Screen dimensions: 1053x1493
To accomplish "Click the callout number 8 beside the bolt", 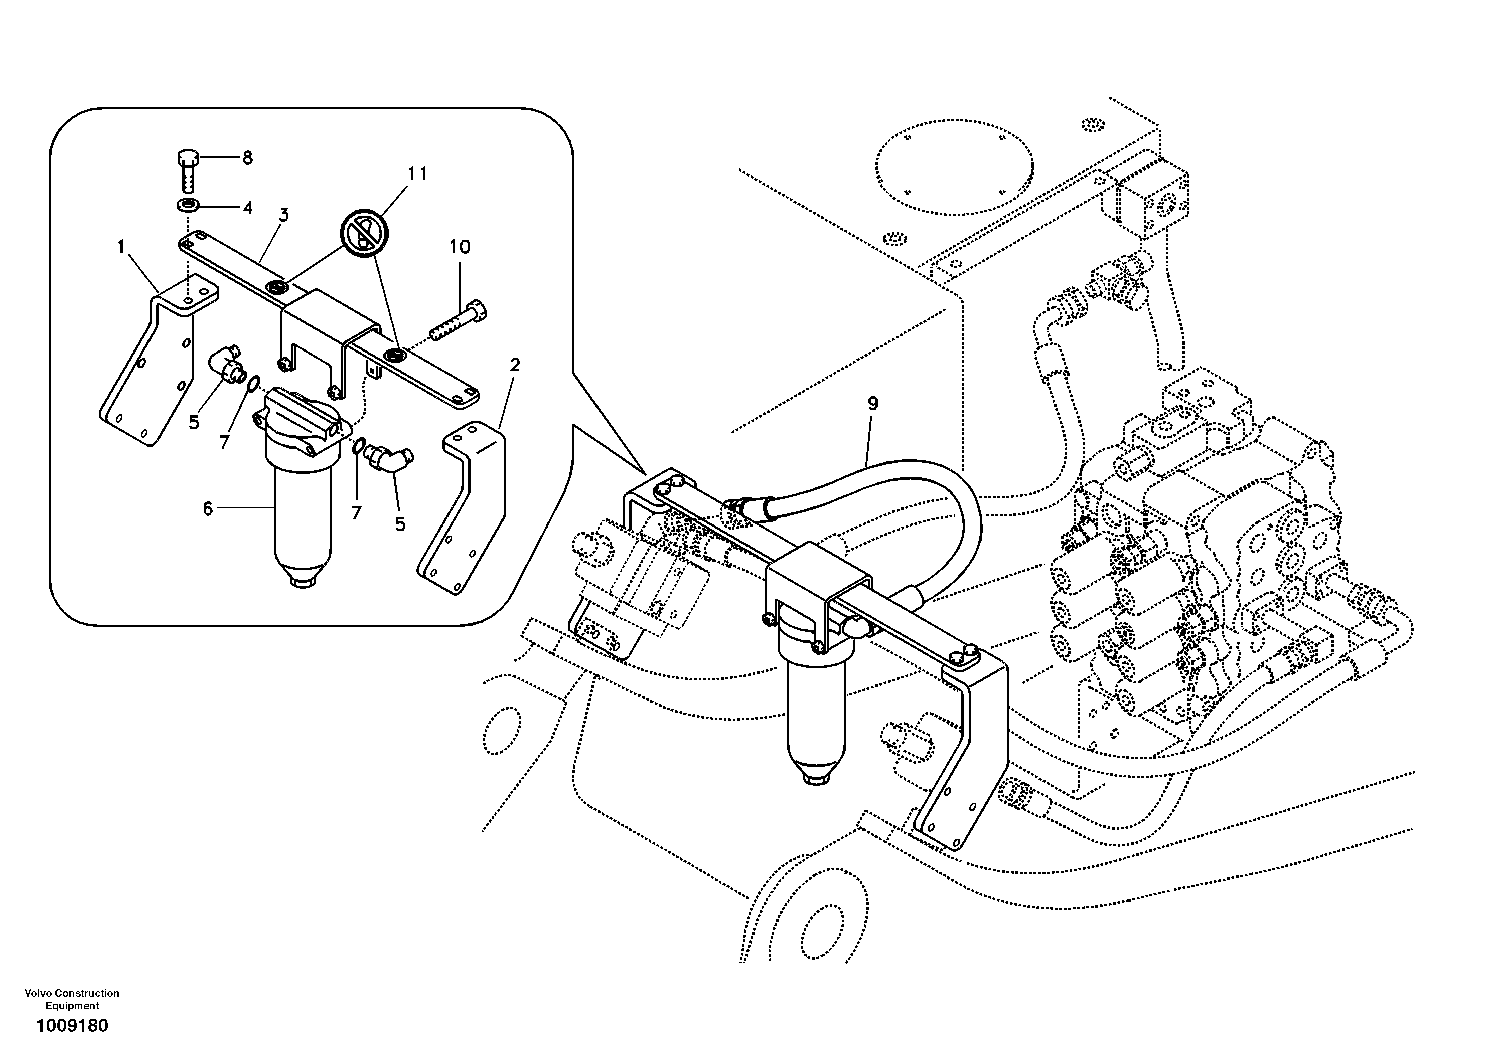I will pos(247,158).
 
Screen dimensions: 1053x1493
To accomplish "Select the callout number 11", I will pos(417,173).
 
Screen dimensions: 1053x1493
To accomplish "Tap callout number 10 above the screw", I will pos(459,247).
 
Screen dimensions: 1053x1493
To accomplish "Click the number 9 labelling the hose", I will pos(872,404).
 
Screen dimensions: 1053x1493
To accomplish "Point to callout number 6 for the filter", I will pos(207,509).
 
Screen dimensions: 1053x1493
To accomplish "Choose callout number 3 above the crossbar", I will pos(283,215).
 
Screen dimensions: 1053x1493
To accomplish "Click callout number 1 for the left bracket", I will pos(121,247).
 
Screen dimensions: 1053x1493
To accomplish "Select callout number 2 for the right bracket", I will pos(514,366).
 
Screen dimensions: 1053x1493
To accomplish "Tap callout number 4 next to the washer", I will pos(247,208).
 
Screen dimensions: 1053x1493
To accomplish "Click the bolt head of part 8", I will pos(187,158).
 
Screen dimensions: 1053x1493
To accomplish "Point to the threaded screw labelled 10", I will pos(459,324).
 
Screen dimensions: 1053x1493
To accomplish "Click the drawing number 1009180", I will pos(72,1026).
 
